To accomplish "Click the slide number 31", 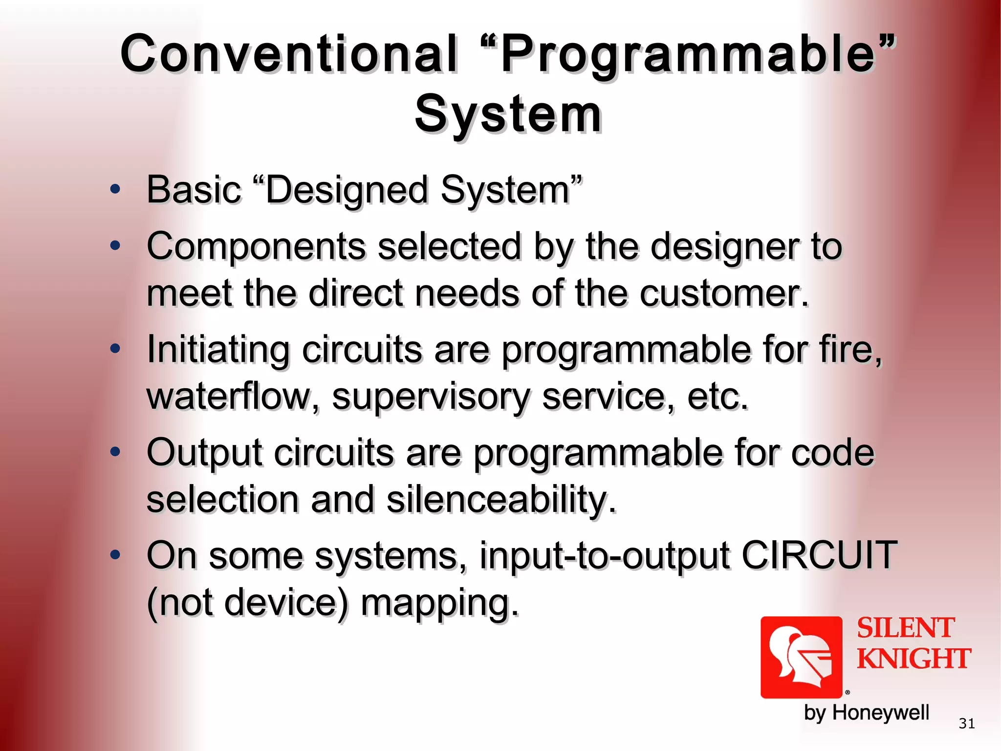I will click(966, 723).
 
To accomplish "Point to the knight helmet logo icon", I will click(801, 657).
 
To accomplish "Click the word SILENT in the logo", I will click(905, 628).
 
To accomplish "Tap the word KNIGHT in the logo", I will click(914, 658).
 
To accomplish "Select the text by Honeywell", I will click(866, 712).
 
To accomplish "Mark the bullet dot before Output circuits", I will click(115, 452).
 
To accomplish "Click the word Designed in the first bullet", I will click(347, 190).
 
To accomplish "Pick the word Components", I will click(256, 246).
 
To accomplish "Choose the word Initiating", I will click(218, 350).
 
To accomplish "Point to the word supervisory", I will click(431, 397).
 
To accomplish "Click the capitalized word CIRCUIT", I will click(819, 555).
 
